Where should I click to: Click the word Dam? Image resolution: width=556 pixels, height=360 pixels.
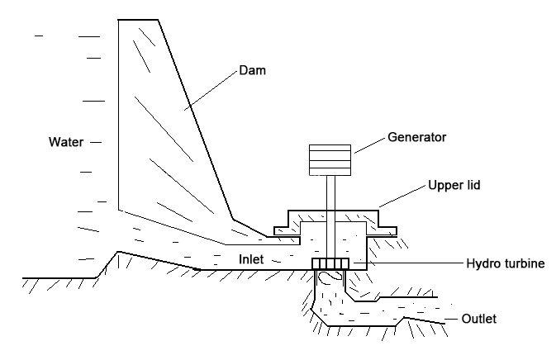point(249,72)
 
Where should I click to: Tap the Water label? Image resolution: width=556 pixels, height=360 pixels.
point(66,142)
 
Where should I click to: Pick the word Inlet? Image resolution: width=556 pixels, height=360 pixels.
point(253,260)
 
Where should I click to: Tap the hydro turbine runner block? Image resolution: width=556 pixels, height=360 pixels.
point(331,263)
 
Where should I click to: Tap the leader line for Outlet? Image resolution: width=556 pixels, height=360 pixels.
point(450,318)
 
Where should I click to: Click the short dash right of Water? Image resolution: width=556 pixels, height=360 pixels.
point(95,142)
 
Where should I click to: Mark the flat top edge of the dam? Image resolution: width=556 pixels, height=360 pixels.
point(138,19)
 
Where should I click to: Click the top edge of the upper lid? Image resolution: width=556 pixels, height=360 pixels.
point(333,210)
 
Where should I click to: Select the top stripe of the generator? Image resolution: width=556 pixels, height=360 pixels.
point(330,149)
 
